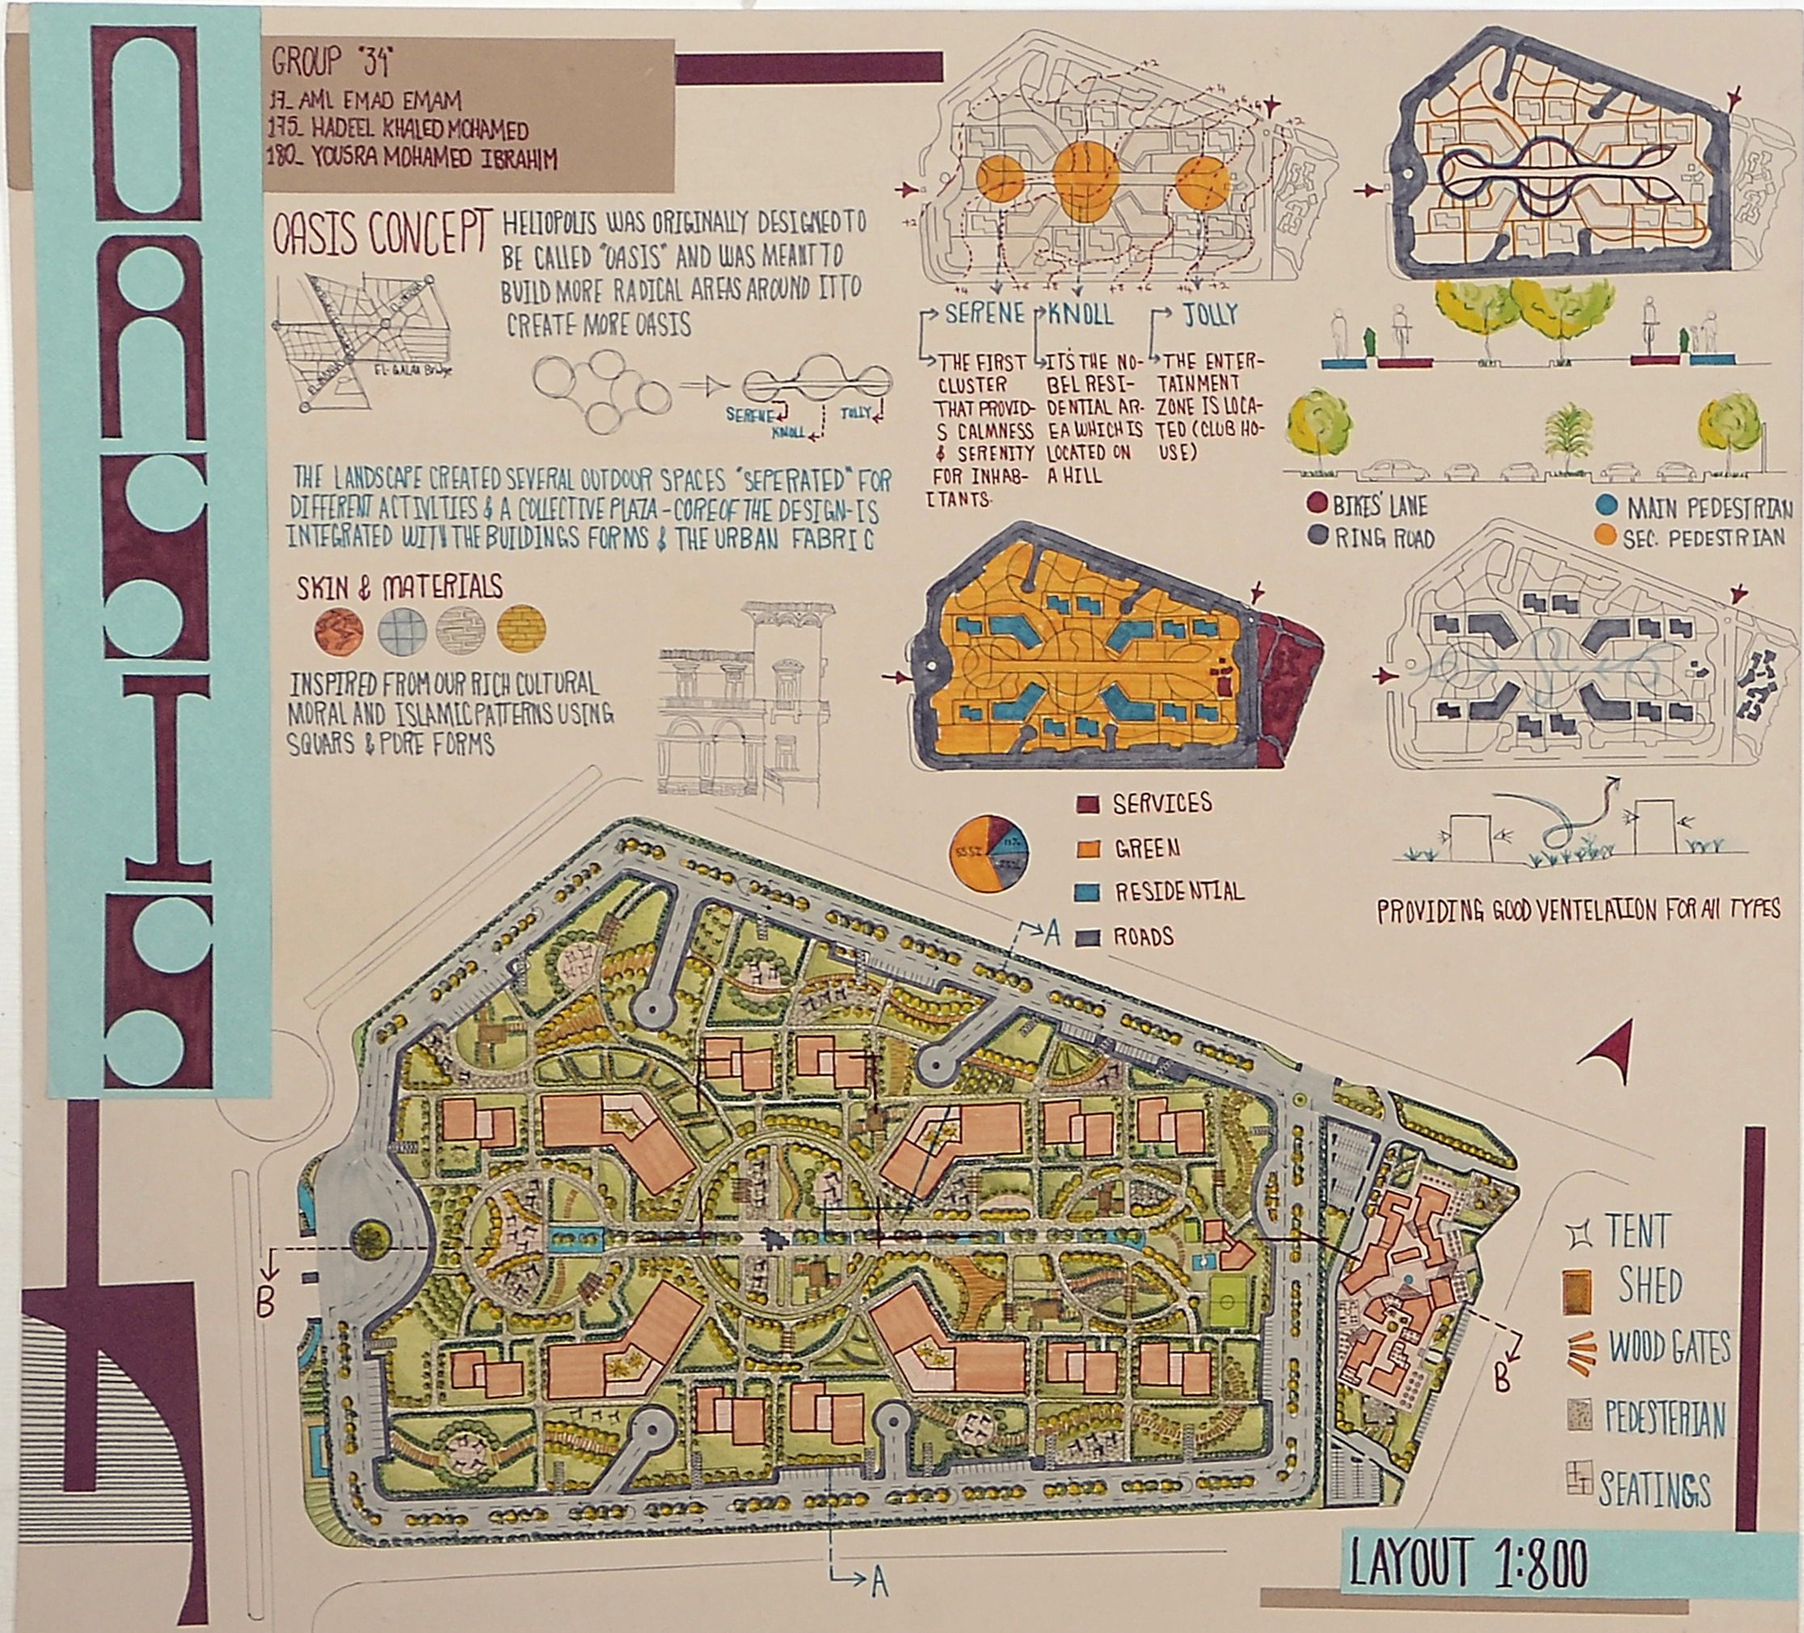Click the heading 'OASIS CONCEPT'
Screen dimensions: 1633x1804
click(x=383, y=232)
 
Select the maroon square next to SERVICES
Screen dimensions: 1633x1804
click(x=1086, y=804)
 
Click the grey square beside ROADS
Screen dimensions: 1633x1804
click(x=1086, y=937)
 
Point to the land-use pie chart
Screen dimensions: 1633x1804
click(x=988, y=852)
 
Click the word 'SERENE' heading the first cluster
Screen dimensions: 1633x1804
click(x=984, y=314)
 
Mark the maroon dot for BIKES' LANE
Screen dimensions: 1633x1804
click(x=1317, y=505)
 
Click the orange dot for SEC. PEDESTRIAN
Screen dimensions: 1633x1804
click(x=1605, y=537)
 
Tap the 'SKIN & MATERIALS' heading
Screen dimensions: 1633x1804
click(x=400, y=588)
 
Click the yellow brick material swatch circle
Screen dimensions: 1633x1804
click(x=520, y=631)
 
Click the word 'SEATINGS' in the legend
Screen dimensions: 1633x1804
click(x=1654, y=1490)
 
